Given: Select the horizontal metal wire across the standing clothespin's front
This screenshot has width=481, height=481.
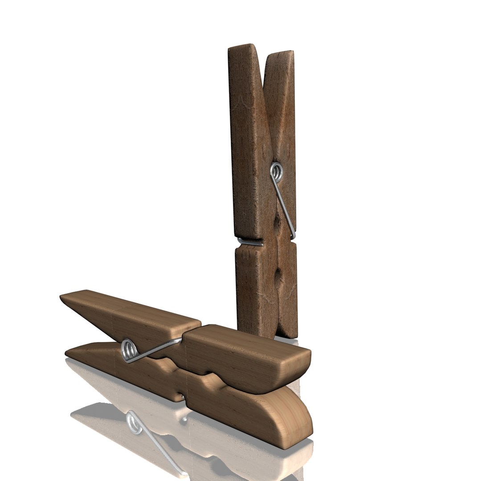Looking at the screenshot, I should coord(250,242).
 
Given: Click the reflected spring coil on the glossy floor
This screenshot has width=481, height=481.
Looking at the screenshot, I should coord(134,423).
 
